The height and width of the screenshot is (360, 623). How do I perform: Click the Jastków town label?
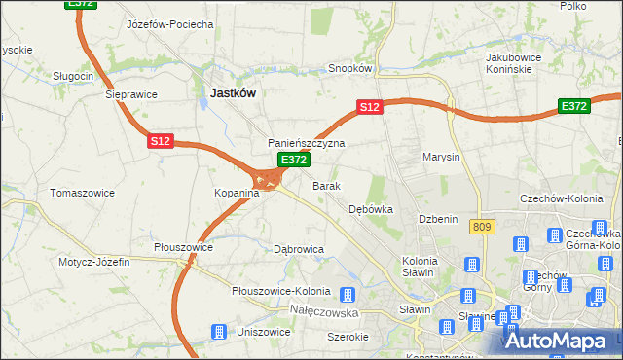point(234,92)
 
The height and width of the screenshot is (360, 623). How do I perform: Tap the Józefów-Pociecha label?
point(170,24)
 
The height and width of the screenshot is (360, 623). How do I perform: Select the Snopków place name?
point(351,69)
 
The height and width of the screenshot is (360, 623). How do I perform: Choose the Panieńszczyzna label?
point(307,143)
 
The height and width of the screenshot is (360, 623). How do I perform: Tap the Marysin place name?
point(441,157)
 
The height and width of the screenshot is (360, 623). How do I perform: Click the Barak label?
point(325,185)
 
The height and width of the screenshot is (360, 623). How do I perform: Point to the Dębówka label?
point(371,209)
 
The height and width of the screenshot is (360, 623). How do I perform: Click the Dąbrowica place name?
point(299,249)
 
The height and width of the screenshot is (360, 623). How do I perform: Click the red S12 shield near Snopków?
point(368,107)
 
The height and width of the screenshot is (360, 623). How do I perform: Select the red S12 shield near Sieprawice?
point(161,141)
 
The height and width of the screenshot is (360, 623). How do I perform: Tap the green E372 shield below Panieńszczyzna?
point(293,160)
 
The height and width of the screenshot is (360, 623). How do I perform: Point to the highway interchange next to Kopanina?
point(267,179)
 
